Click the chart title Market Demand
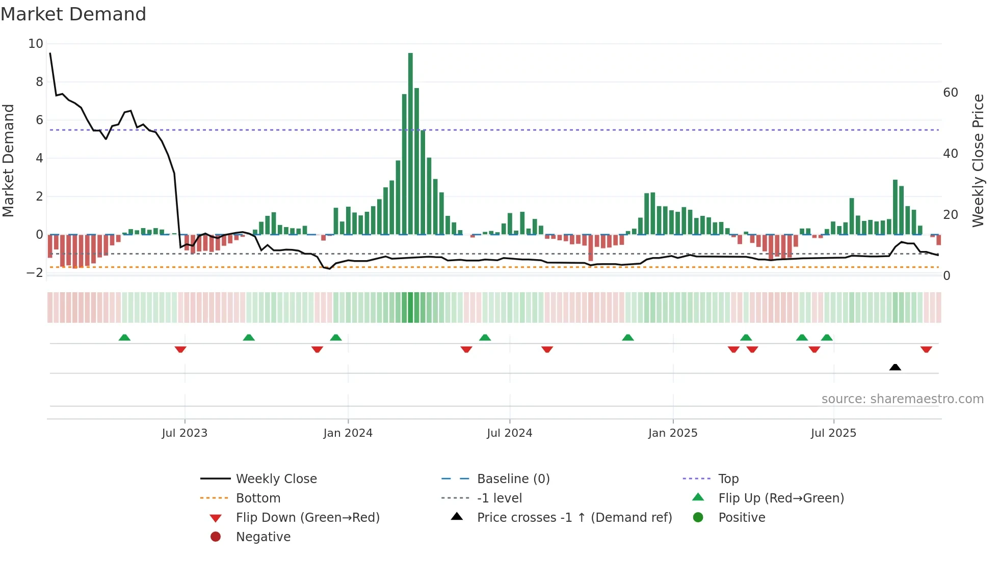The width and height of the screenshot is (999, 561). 73,14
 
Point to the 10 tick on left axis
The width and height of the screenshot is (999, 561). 36,44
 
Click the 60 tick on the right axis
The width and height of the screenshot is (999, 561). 950,93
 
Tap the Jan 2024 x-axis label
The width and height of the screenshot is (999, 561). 348,433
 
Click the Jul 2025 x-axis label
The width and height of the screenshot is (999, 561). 833,433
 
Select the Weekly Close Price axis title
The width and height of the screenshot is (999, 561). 978,160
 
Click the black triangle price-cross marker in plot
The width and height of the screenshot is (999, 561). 895,367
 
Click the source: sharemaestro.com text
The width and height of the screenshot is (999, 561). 902,399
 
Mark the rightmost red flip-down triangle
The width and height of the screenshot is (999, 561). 926,349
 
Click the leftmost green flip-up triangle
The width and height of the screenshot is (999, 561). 124,338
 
